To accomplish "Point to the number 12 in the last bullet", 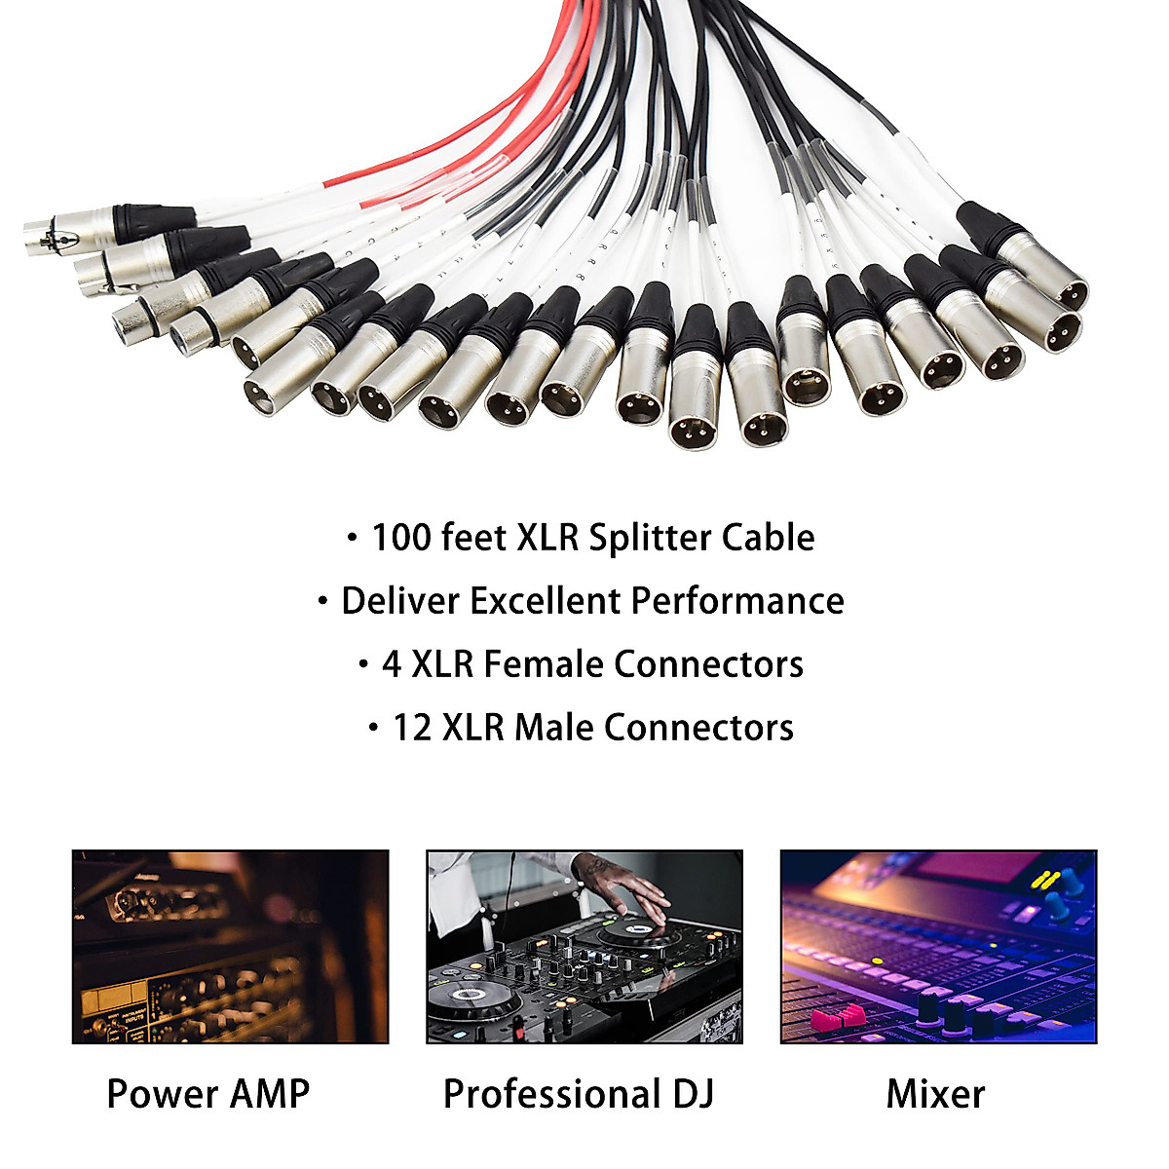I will [x=412, y=728].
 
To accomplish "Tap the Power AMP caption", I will [x=207, y=1094].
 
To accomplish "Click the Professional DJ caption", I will [x=579, y=1094].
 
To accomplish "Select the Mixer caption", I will [x=935, y=1094].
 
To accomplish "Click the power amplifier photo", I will [x=230, y=946].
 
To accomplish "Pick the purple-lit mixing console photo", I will [x=938, y=946].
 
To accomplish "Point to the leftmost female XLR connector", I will [x=44, y=234].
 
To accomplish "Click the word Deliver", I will [x=399, y=601].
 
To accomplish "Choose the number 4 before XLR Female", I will [x=392, y=664].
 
